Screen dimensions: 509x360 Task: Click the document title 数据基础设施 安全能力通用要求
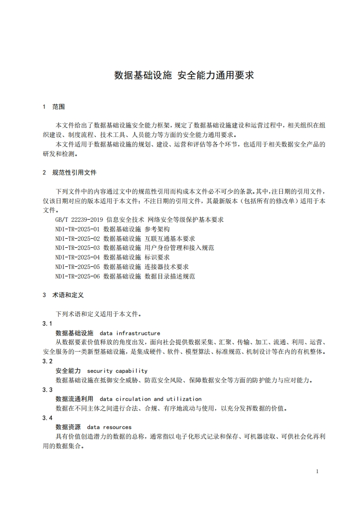(184, 75)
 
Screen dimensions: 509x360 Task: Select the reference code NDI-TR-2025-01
(77, 229)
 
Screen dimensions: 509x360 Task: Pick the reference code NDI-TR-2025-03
(77, 248)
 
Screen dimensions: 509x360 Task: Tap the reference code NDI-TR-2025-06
(77, 276)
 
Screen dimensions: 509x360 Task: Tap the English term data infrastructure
(130, 333)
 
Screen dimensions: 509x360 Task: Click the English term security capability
(117, 371)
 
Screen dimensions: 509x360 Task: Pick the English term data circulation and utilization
(150, 399)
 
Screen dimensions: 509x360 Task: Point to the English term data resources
(109, 427)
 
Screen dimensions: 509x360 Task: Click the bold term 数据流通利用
(74, 399)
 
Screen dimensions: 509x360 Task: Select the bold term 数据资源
(68, 427)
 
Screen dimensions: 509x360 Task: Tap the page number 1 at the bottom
(317, 471)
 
